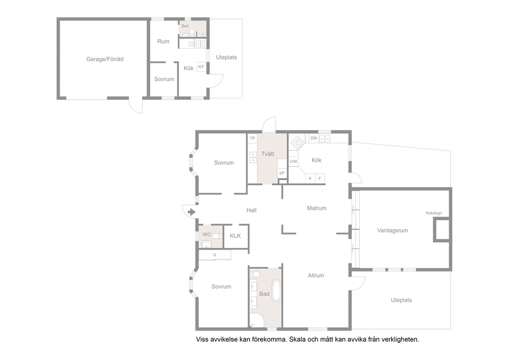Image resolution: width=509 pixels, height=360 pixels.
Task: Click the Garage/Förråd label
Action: click(x=105, y=59)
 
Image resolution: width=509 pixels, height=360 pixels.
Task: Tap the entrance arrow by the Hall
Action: click(x=191, y=212)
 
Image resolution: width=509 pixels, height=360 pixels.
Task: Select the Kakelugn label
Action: click(x=434, y=213)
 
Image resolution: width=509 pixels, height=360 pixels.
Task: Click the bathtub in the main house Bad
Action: click(x=277, y=290)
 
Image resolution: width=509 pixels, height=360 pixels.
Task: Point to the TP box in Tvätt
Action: click(x=252, y=139)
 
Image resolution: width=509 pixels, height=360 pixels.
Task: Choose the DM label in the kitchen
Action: click(x=314, y=138)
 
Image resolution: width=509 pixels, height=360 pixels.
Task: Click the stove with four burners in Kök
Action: click(x=298, y=142)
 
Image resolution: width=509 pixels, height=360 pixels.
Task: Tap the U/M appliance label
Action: click(x=293, y=161)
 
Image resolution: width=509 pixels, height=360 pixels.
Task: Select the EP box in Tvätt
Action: click(x=282, y=173)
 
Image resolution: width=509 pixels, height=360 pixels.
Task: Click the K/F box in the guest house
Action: click(x=201, y=67)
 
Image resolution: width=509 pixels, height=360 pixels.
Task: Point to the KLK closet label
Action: click(x=236, y=236)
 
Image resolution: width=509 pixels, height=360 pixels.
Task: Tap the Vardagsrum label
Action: click(x=393, y=231)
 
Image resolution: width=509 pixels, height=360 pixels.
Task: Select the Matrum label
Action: click(x=317, y=208)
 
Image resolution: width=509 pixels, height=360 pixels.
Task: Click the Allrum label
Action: click(x=316, y=276)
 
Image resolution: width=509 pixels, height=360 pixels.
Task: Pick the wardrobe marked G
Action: click(x=214, y=255)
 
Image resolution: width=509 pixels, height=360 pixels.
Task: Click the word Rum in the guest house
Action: click(x=163, y=41)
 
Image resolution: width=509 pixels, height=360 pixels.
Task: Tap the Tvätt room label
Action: click(x=267, y=154)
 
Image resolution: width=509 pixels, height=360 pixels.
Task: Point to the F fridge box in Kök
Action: click(x=320, y=178)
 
